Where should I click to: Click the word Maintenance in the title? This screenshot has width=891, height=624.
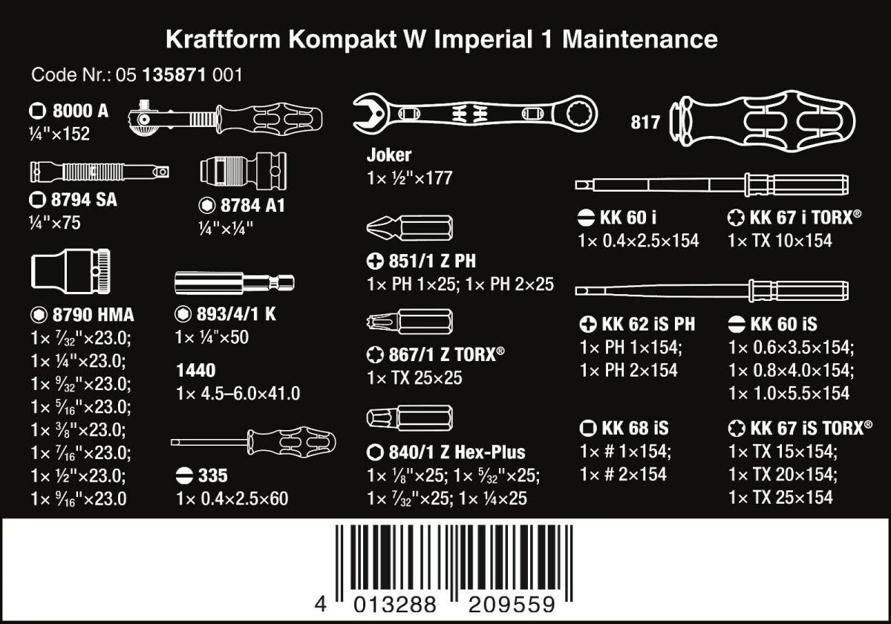(640, 39)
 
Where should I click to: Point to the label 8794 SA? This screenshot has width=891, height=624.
(73, 200)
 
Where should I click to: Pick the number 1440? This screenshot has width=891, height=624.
(196, 370)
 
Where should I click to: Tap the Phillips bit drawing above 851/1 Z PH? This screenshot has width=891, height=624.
(411, 227)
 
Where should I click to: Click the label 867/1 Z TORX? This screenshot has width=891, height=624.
(440, 355)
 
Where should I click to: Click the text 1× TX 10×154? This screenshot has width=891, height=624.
(780, 241)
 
